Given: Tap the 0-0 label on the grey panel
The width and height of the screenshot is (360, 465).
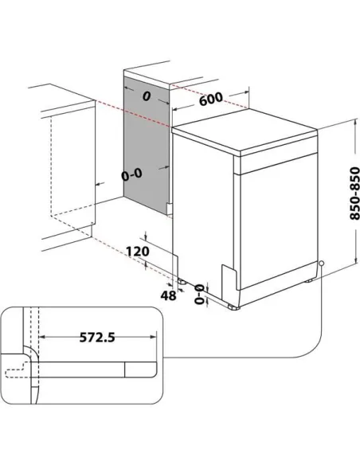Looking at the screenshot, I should pos(135,173).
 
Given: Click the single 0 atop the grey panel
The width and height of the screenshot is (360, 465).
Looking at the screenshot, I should pos(146,96).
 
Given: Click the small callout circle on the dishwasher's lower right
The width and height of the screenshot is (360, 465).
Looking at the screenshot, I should pos(321,264).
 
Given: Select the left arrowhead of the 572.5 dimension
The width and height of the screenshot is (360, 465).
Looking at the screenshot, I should pos(41,338).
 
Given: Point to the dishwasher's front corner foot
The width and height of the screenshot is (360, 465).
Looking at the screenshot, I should pos(233,306).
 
